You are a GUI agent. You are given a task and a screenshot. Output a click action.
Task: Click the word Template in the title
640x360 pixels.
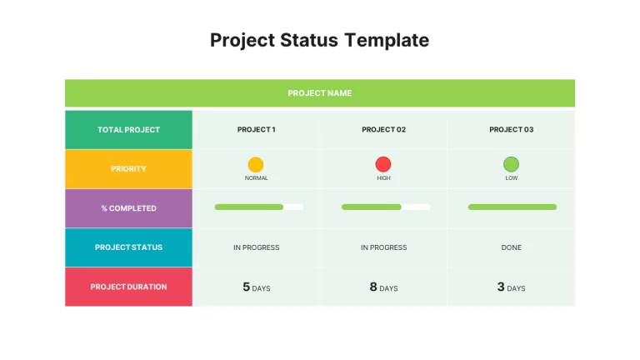387,40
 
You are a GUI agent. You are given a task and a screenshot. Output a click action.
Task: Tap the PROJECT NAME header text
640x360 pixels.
320,93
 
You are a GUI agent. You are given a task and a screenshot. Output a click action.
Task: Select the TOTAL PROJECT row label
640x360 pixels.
128,130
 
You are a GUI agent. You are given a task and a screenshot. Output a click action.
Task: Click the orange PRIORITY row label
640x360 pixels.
128,169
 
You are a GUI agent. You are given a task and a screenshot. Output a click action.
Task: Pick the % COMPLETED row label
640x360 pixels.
128,208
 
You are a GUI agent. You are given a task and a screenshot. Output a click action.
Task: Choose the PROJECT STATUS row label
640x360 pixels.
128,247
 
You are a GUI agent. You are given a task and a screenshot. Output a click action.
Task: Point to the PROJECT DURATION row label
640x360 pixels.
128,287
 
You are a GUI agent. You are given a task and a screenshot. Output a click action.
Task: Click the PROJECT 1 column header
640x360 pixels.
257,129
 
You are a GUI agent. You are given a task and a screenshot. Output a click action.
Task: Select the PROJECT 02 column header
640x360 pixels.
383,129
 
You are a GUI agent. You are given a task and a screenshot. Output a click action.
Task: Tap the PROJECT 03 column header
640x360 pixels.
512,129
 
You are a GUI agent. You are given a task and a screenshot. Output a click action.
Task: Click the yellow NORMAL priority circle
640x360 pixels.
256,164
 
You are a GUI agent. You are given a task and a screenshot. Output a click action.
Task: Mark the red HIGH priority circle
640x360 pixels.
383,164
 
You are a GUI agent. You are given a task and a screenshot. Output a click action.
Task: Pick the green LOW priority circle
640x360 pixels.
511,164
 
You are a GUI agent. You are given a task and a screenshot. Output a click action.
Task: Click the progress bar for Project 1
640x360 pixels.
259,207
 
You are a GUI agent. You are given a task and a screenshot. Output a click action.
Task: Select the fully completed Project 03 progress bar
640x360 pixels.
512,207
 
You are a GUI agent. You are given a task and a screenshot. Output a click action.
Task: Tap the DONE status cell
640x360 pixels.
512,247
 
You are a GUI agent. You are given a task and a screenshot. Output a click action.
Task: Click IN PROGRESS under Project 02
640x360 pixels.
383,247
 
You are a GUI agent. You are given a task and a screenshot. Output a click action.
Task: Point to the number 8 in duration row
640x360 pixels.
373,287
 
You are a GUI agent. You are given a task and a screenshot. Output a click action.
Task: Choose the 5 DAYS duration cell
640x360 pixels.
257,287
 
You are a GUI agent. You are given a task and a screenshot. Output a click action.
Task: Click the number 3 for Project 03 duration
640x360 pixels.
501,287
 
